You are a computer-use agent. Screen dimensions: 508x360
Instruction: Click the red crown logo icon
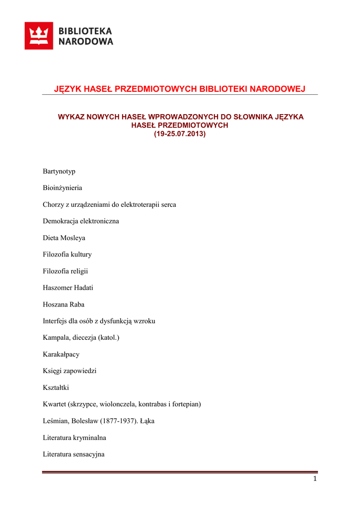39,36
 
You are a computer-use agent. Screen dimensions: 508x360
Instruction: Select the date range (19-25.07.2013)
179,134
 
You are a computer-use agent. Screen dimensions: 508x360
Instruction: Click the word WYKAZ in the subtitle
72,117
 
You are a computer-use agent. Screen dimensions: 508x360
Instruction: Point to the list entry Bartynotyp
59,171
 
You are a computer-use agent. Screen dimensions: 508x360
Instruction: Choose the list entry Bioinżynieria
63,188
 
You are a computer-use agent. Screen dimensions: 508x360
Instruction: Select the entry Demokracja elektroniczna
81,221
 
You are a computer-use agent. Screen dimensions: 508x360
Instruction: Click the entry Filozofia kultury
67,254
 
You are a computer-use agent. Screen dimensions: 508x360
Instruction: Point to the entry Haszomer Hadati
68,288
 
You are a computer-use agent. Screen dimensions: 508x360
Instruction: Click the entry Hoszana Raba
64,305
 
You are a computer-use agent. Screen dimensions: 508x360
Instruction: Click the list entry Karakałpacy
61,355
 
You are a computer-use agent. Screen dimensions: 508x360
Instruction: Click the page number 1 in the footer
315,479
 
